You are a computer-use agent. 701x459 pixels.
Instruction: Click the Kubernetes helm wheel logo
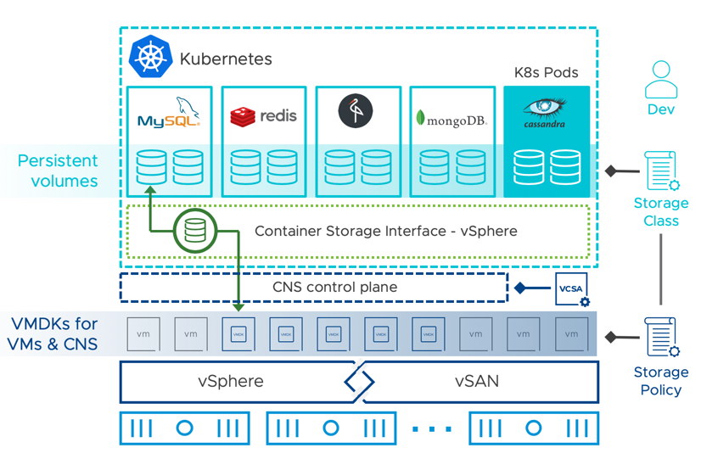tap(150, 59)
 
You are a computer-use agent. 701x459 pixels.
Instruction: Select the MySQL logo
tap(169, 113)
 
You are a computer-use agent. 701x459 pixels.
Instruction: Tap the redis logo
tap(263, 115)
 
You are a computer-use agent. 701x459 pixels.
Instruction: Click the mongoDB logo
tap(451, 118)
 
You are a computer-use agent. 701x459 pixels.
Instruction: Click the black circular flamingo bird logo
tap(356, 111)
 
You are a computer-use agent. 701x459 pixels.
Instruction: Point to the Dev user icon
tap(660, 81)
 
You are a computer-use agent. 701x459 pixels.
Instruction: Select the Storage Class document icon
tap(659, 171)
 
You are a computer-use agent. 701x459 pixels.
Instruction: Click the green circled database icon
tap(195, 231)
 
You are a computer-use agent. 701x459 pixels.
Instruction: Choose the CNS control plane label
tap(334, 288)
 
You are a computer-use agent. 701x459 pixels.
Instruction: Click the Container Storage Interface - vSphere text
tap(385, 231)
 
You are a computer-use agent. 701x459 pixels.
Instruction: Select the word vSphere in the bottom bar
tap(230, 382)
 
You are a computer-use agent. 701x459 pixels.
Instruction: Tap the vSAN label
tap(476, 382)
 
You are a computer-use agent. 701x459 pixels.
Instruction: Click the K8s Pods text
tap(546, 73)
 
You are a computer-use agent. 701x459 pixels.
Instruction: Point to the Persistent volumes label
tap(58, 171)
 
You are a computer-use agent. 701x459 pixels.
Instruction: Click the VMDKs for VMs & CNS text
tap(54, 333)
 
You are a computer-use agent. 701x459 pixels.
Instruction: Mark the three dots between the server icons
tap(432, 429)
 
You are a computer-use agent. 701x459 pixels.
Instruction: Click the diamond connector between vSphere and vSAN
tap(359, 383)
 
